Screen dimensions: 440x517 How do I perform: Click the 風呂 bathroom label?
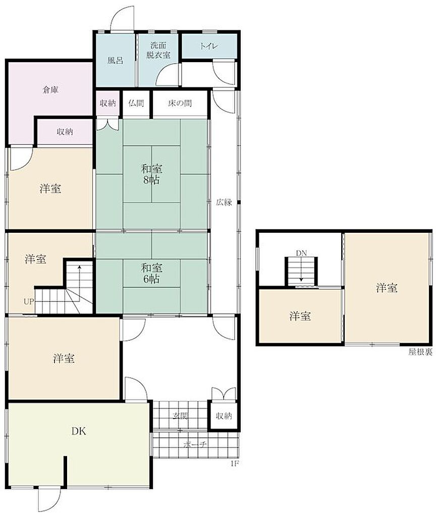116,61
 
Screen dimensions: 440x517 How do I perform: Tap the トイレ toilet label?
209,46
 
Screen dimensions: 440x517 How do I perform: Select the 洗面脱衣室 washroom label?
158,50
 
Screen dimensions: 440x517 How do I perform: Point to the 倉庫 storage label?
50,90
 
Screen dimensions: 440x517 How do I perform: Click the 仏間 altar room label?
136,103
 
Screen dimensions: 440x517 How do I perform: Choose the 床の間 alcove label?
180,103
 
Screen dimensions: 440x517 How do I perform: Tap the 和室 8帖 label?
151,174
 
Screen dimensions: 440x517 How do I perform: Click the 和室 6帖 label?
151,273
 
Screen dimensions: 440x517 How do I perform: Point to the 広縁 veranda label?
224,202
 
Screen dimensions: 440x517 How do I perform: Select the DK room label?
79,431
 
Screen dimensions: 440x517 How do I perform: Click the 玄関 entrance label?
180,416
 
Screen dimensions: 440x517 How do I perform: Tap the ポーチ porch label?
195,444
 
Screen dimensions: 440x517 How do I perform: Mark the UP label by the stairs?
28,301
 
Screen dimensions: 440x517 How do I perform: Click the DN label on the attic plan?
301,253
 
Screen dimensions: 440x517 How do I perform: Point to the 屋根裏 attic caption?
420,352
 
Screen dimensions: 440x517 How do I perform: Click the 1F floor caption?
234,463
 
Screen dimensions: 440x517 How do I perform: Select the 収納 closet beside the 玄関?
224,416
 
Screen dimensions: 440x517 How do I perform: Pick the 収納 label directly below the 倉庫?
65,132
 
